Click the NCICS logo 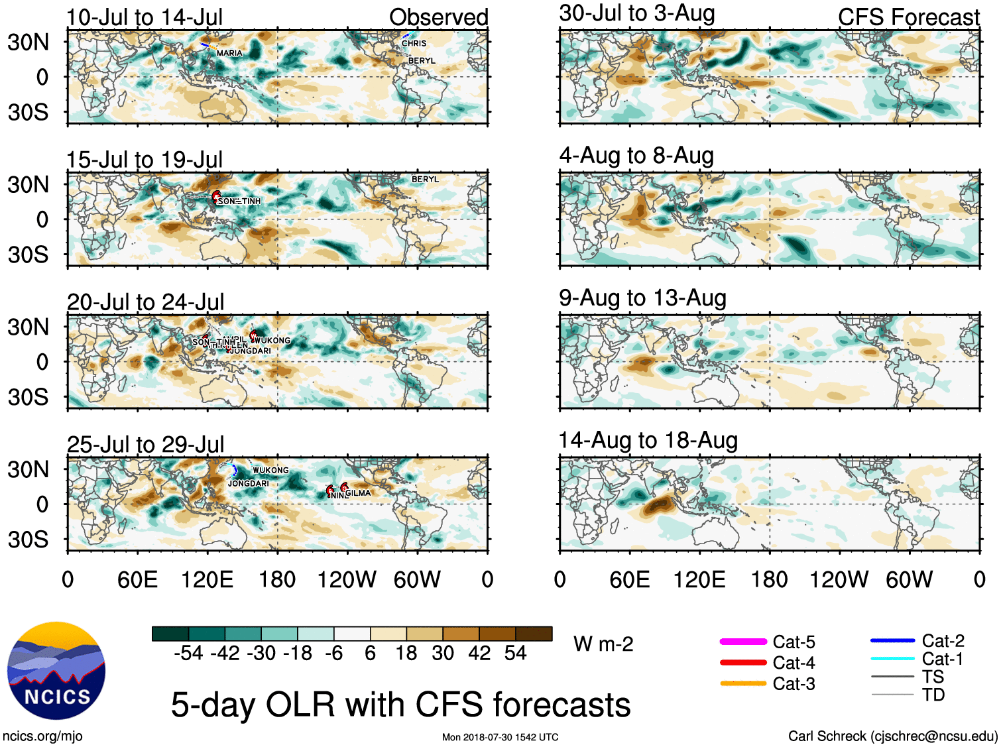56,670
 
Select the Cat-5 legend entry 794,642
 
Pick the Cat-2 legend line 892,641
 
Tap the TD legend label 933,695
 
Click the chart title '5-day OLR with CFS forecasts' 400,705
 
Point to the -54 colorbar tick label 188,654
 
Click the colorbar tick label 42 479,654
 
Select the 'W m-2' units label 603,644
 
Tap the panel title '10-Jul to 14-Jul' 145,17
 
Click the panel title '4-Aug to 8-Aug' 636,156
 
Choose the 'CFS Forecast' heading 908,17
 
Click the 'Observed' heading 438,17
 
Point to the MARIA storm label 229,53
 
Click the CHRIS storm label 414,44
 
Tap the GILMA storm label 358,493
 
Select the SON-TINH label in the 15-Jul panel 239,201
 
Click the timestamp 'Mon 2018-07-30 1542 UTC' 500,737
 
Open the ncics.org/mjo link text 42,736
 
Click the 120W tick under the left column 347,580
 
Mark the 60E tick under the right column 630,580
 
